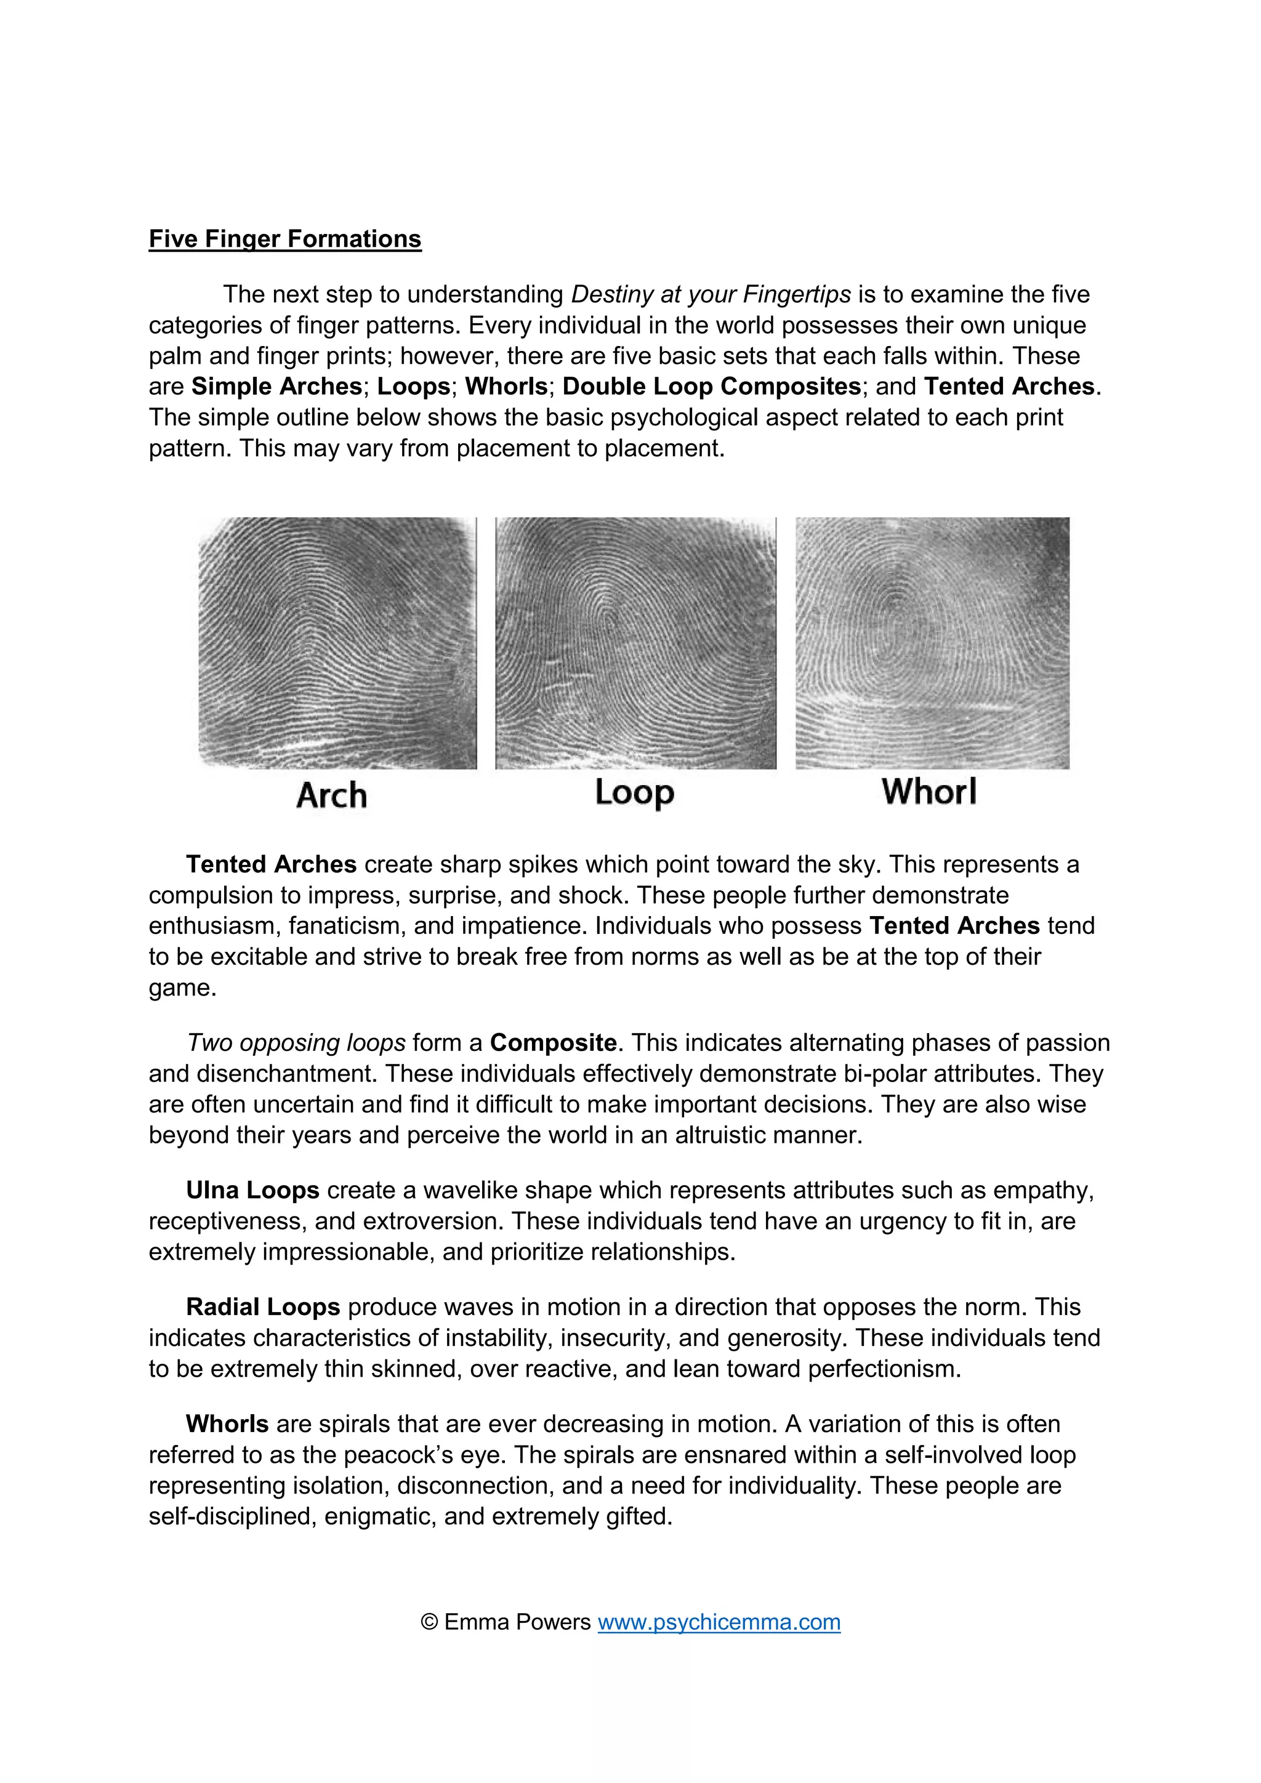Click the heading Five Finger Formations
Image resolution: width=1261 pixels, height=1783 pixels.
285,238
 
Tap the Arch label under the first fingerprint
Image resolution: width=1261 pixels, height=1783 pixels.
331,795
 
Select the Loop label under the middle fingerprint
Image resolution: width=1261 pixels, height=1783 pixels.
634,793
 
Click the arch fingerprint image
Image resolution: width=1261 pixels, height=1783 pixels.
337,643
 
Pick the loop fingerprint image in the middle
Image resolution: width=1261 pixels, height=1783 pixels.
635,643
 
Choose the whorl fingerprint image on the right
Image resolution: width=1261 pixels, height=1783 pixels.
932,643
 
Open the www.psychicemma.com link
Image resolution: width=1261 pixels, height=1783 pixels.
719,1622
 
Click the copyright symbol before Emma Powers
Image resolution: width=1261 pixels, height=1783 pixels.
429,1622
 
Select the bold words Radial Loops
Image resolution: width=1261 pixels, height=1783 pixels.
262,1307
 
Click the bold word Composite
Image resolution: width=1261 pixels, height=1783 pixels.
553,1042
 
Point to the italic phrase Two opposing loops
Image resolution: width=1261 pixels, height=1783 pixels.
296,1042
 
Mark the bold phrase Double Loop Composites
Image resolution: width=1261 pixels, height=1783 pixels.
712,386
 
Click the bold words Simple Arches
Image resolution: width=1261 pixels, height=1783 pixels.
276,386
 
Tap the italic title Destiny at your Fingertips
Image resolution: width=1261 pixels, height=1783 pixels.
711,294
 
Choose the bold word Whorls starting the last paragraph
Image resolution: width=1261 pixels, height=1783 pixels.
227,1423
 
